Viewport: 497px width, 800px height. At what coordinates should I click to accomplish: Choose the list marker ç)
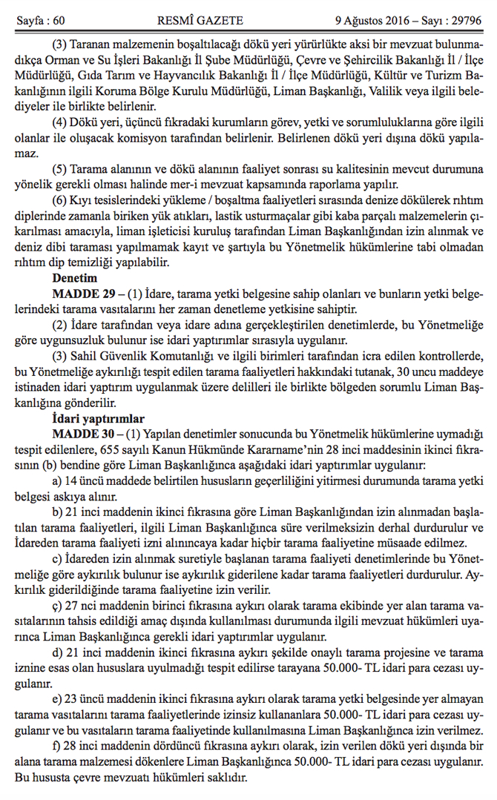56,605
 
